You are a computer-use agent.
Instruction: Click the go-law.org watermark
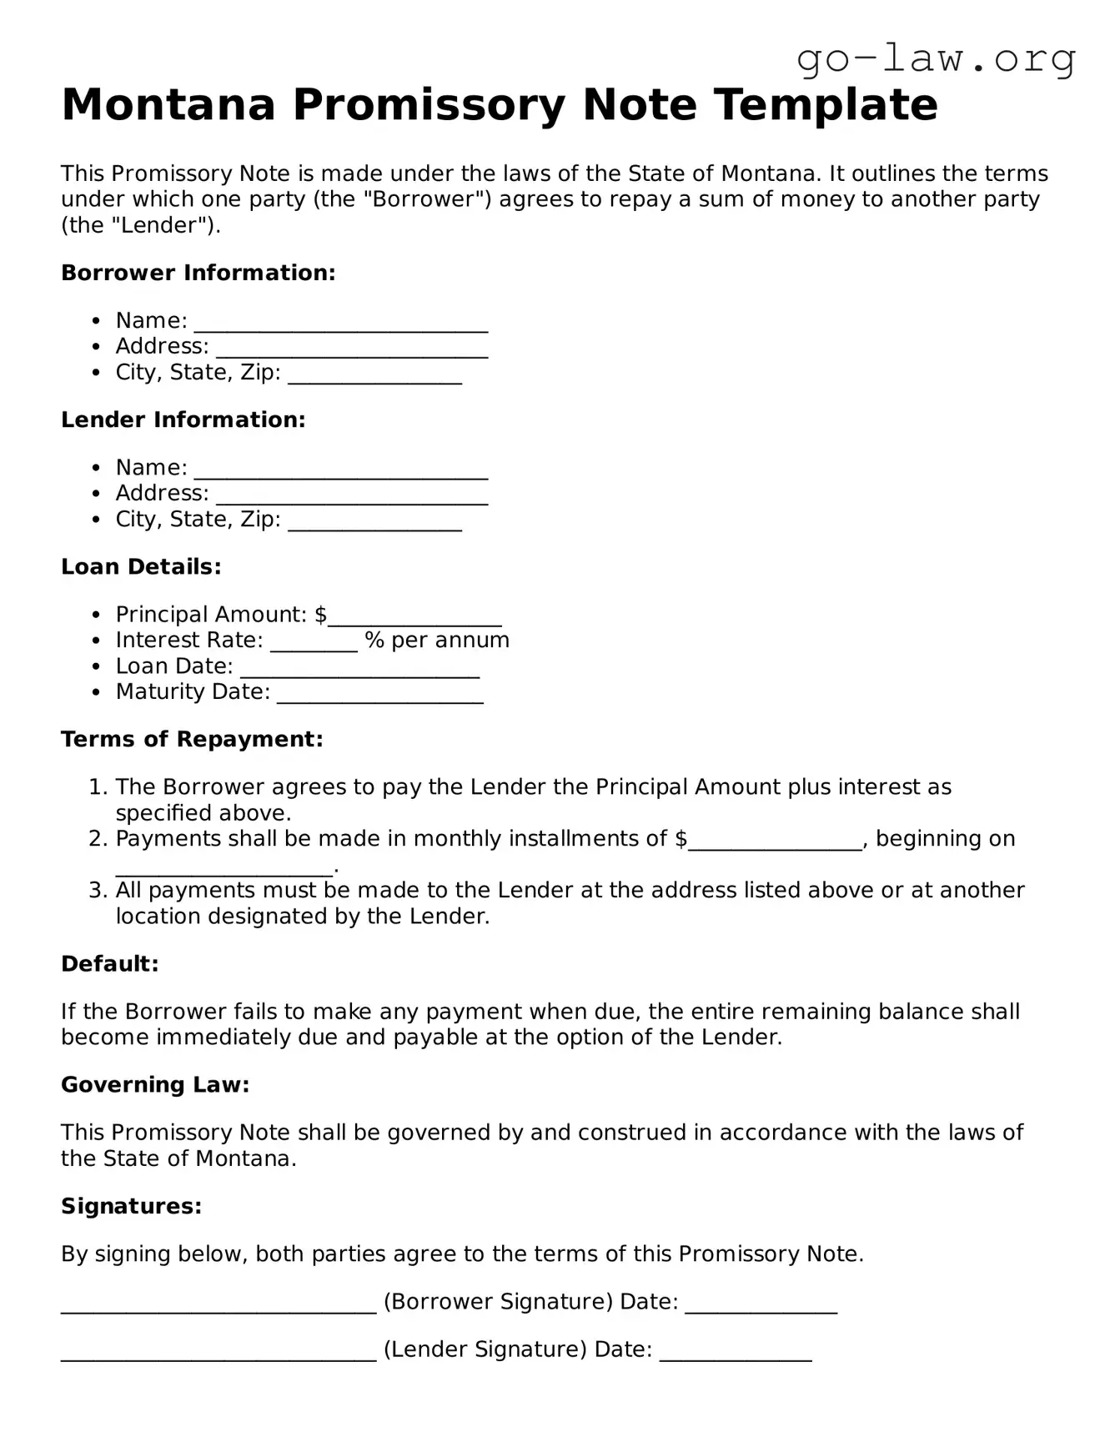[x=936, y=59]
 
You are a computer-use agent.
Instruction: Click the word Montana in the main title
[x=168, y=105]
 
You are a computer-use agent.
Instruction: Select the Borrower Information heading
[x=198, y=273]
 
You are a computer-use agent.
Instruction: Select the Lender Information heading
[x=183, y=420]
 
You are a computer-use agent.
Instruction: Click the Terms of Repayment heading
[x=192, y=739]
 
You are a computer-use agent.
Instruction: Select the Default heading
[x=109, y=964]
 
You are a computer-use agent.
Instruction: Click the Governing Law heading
[x=155, y=1084]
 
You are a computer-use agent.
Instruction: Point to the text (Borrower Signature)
[x=498, y=1302]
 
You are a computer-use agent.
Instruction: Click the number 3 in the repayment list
[x=96, y=891]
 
